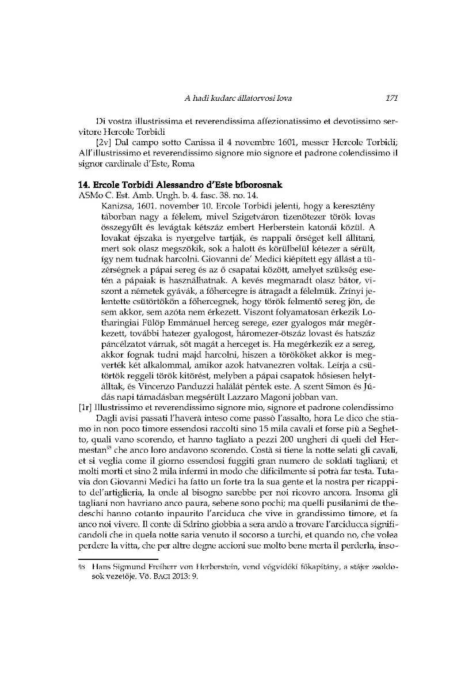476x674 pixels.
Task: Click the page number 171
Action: coord(392,98)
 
